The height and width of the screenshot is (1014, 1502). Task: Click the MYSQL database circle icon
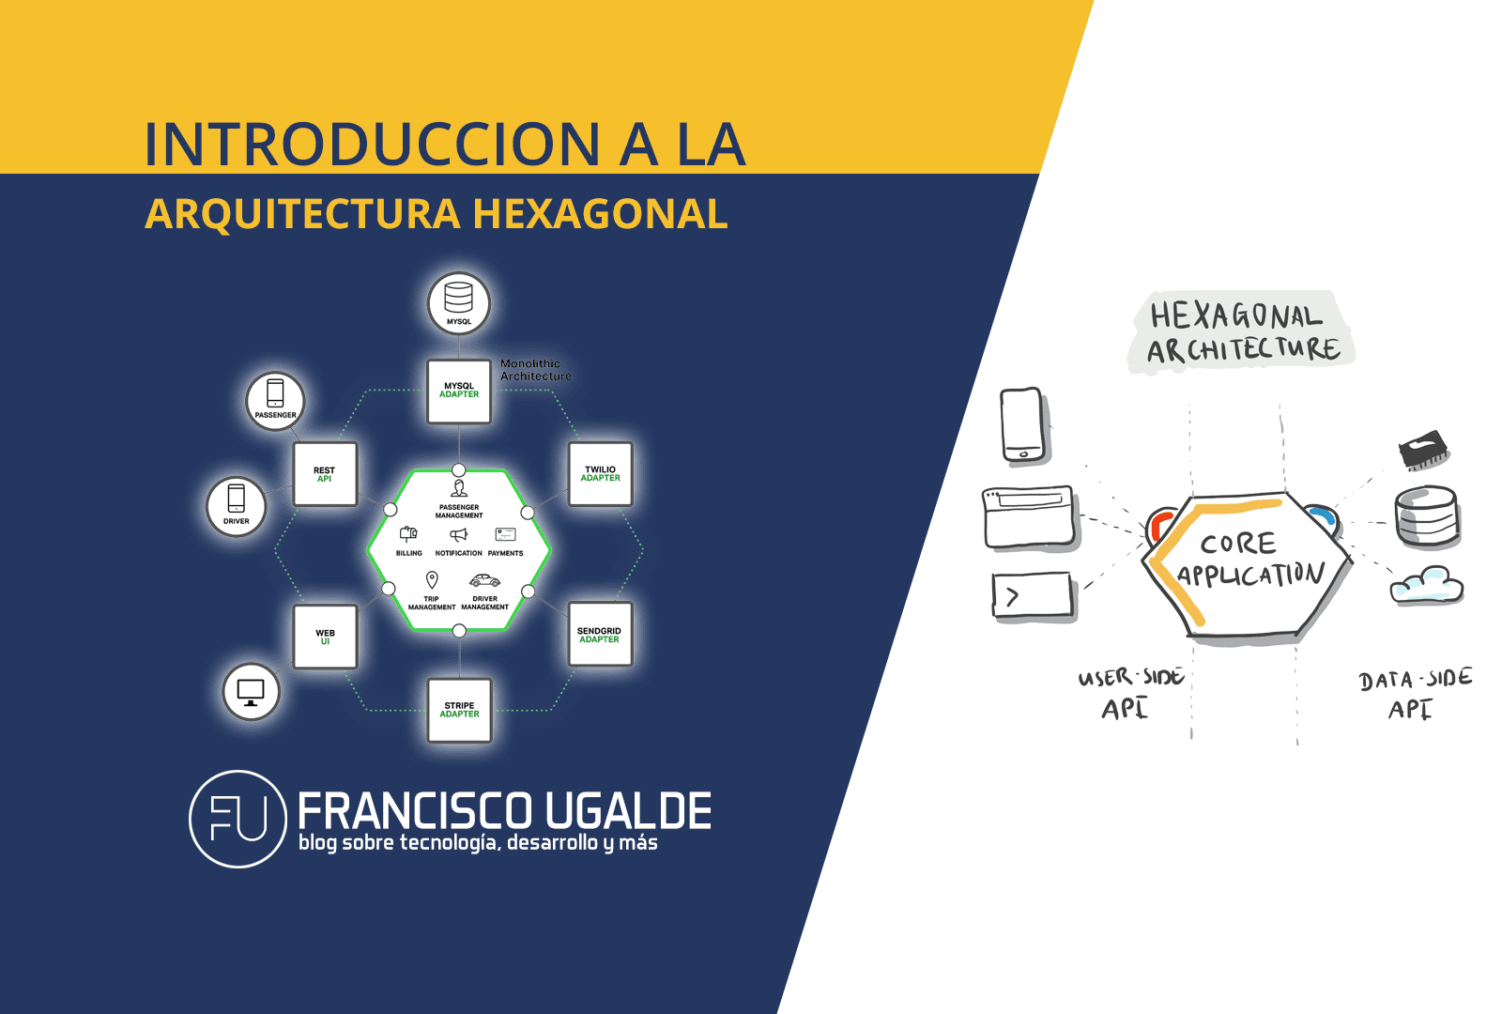tap(459, 303)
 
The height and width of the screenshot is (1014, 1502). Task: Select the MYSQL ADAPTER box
tap(459, 391)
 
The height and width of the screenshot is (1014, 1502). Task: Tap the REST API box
tap(325, 474)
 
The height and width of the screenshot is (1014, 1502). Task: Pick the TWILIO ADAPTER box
tap(601, 473)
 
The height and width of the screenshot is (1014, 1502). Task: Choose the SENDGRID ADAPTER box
tap(600, 635)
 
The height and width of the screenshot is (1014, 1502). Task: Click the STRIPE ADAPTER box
tap(460, 710)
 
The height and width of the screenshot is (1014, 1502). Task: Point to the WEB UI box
tap(325, 637)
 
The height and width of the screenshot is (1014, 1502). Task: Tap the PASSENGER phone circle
tap(275, 401)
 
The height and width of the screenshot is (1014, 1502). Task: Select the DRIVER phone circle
tap(237, 506)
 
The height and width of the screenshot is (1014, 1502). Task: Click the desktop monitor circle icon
tap(251, 692)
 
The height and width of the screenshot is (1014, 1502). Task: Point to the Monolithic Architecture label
tap(535, 370)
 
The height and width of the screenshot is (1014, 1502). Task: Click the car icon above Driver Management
tap(484, 580)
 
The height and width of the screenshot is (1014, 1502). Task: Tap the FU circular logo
tap(238, 819)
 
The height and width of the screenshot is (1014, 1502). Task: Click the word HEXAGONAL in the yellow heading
tap(600, 214)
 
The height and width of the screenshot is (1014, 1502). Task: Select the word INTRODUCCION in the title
tap(372, 145)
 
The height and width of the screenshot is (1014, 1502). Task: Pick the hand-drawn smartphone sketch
tap(1023, 424)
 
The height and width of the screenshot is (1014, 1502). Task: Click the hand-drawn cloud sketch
tap(1426, 584)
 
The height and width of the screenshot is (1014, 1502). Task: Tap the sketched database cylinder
tap(1426, 516)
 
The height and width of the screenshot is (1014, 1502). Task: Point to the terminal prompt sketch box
tap(1033, 596)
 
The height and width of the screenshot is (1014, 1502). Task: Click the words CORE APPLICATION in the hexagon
tap(1249, 560)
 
